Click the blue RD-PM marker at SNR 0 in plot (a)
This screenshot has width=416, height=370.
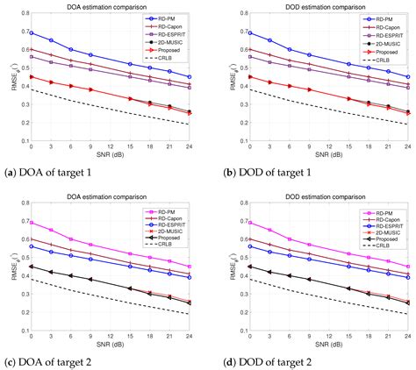[x=32, y=32]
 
